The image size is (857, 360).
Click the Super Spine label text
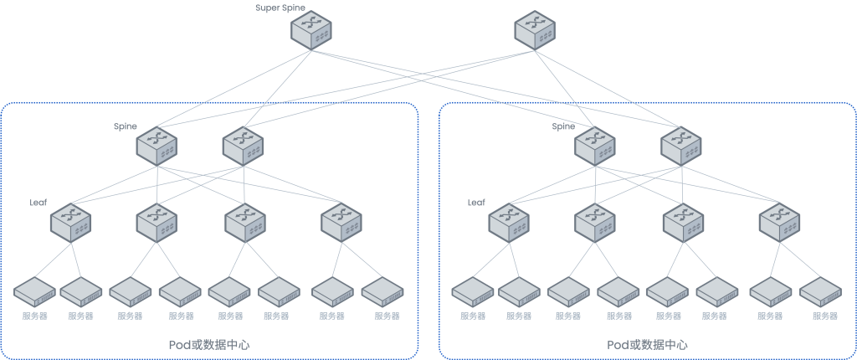pos(280,8)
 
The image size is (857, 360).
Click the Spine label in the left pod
pos(126,126)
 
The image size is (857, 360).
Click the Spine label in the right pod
pos(563,126)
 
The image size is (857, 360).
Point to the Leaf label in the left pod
pos(38,202)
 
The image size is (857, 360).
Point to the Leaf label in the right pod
pos(476,202)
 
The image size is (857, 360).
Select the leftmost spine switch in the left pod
pos(157,144)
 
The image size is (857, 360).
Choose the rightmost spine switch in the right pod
pos(681,144)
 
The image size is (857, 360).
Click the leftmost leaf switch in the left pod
pos(70,222)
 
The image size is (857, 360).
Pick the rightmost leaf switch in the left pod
pos(341,222)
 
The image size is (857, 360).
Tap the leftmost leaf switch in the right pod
pos(509,222)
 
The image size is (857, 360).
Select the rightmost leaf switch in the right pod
pos(780,222)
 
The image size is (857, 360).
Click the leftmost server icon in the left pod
pos(34,292)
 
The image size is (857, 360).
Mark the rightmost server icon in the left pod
pos(383,292)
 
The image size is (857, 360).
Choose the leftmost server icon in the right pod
pos(473,292)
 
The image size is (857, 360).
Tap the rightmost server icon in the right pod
pos(821,292)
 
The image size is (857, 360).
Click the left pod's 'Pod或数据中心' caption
pos(209,345)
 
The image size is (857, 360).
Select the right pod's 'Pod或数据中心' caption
pos(648,345)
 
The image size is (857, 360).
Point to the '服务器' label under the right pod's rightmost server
pos(825,316)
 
